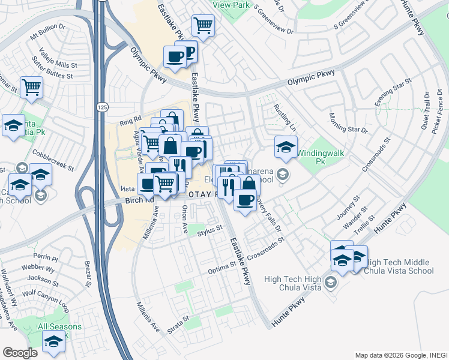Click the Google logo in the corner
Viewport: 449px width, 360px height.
pos(20,352)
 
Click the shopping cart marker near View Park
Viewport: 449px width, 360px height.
pos(203,26)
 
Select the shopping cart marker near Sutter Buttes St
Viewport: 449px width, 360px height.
pos(31,86)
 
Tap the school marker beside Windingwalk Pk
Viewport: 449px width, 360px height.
pos(286,146)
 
